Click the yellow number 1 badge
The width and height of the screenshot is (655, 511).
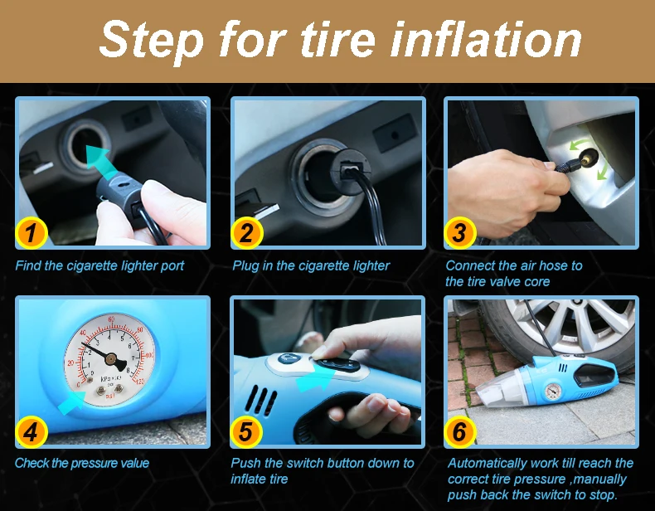[31, 233]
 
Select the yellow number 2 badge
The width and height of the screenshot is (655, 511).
[245, 233]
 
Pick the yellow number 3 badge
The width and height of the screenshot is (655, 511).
[459, 233]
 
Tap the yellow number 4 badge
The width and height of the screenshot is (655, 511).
[31, 431]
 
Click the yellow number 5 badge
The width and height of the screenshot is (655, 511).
[245, 431]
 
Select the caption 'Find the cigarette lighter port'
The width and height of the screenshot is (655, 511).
[99, 265]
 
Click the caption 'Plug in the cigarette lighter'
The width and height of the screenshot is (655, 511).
[310, 265]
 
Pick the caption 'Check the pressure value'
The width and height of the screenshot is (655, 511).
[82, 463]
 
